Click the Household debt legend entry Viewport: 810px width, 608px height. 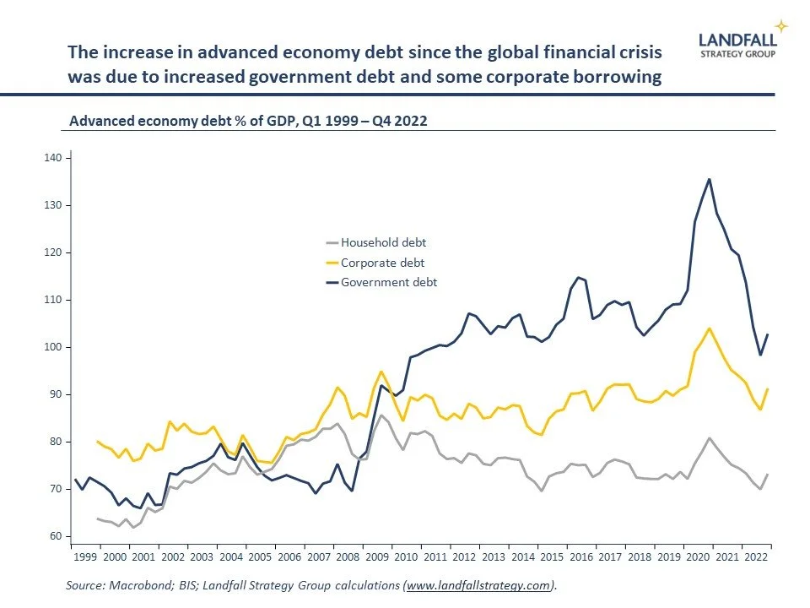[x=383, y=243]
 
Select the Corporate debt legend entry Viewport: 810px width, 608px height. [x=382, y=263]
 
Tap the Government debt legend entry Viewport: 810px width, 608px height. [x=388, y=282]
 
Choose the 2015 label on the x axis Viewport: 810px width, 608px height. [x=551, y=559]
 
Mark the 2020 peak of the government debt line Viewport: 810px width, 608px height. [x=709, y=179]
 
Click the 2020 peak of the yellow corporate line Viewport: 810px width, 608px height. [x=709, y=328]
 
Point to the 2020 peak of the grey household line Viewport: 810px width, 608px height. [x=709, y=438]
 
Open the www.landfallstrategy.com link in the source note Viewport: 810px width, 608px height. [x=479, y=584]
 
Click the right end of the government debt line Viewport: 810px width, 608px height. [x=767, y=334]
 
